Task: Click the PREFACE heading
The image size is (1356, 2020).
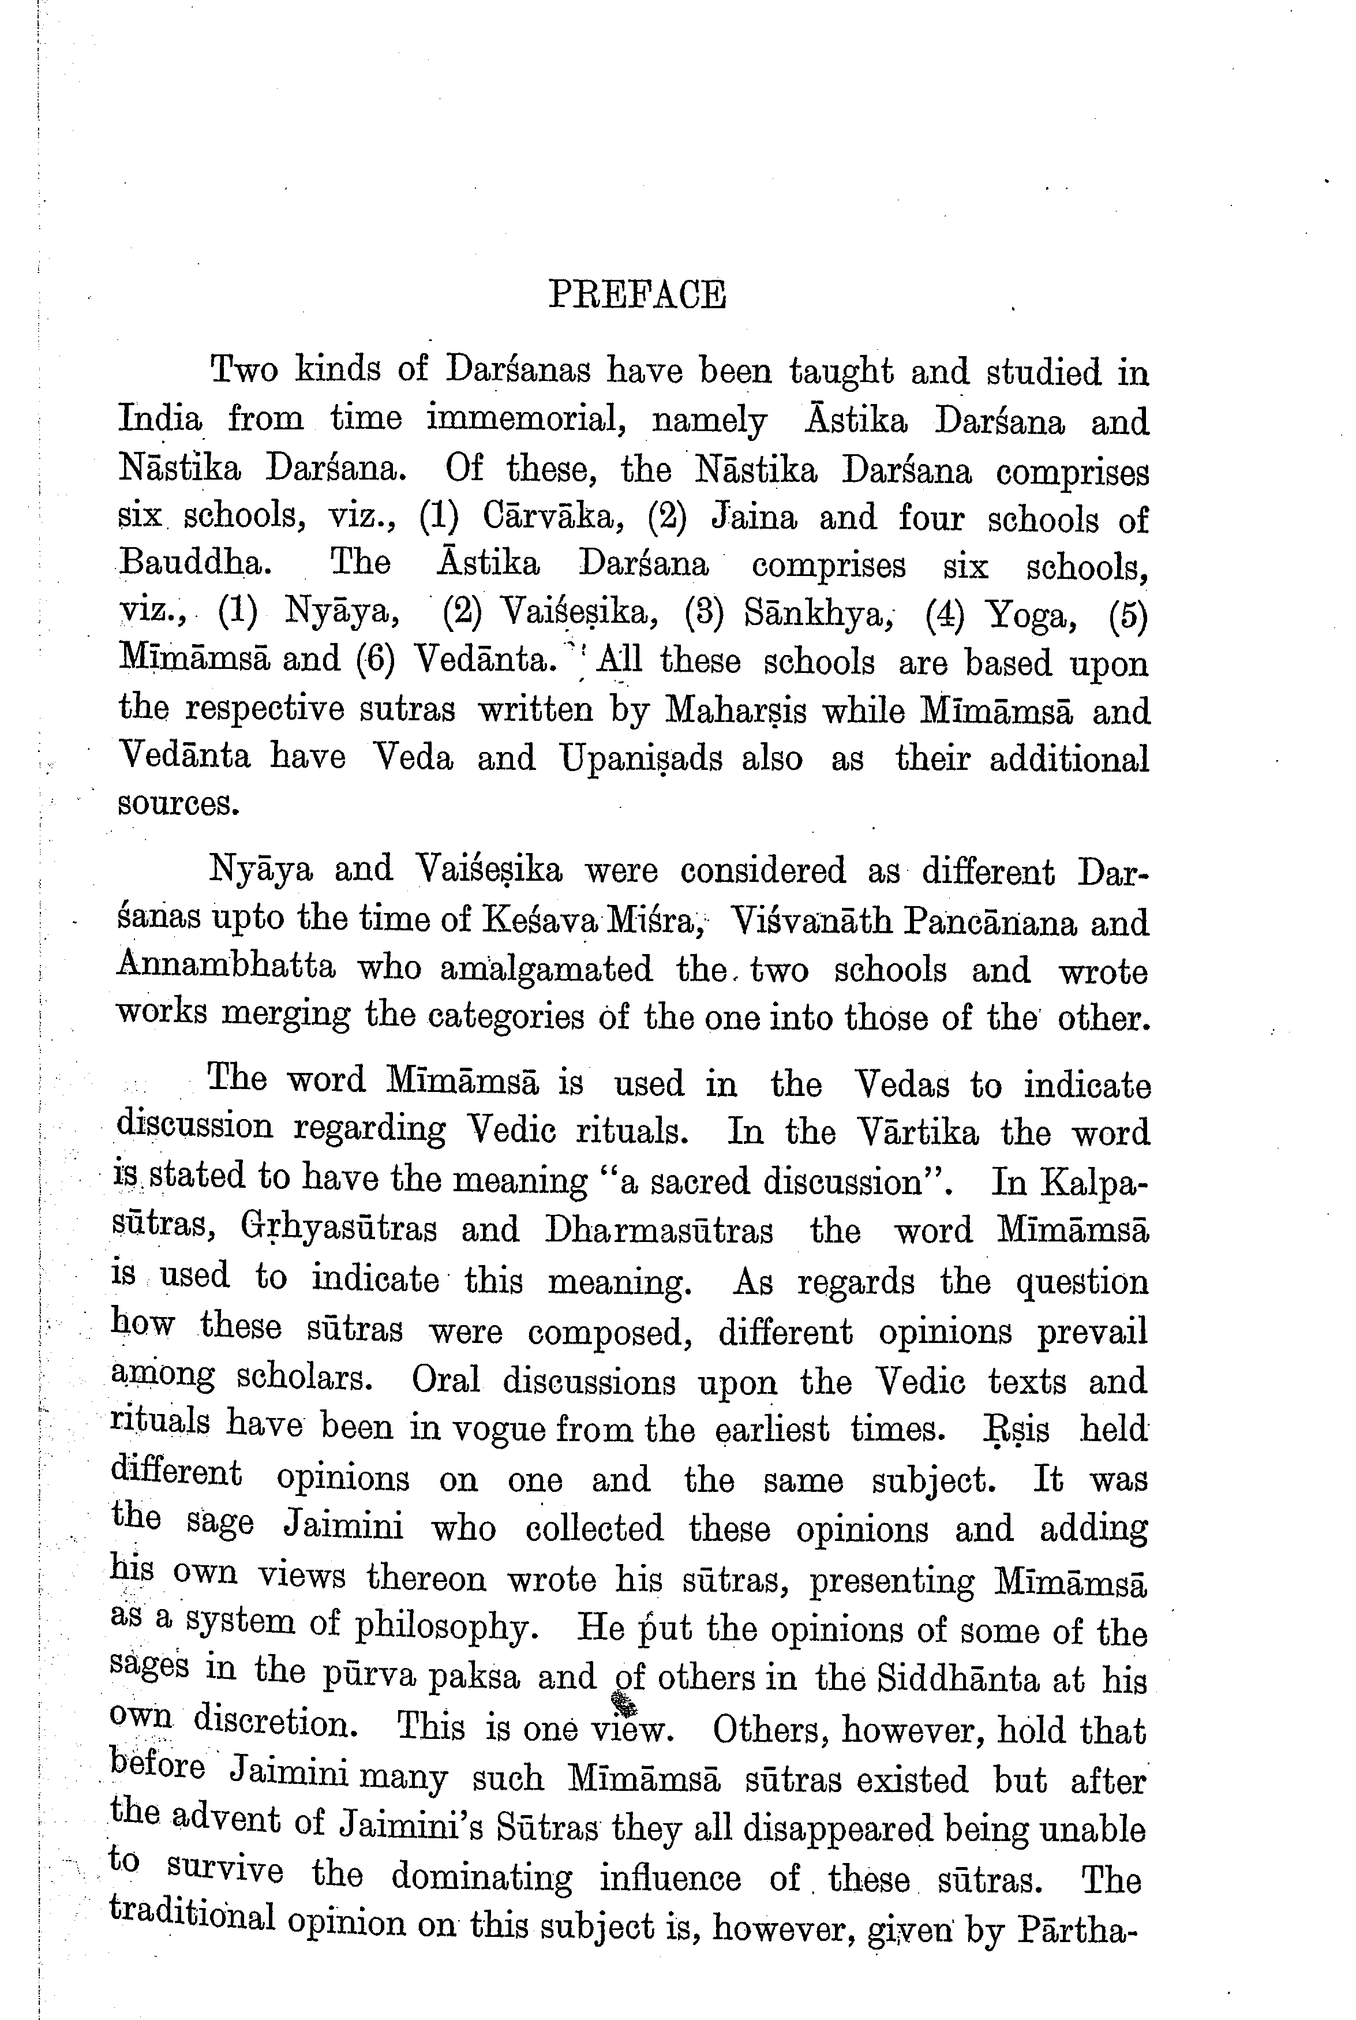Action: click(638, 295)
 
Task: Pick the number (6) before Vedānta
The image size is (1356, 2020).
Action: click(375, 661)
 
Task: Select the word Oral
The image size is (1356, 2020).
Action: click(446, 1379)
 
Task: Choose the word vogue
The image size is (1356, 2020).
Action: click(491, 1428)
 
